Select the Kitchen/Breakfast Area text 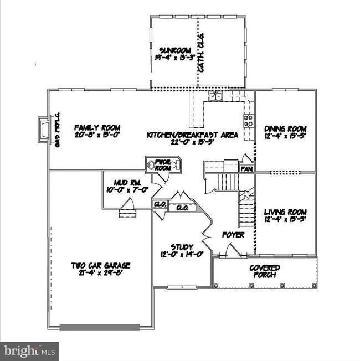point(192,135)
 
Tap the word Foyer point(233,235)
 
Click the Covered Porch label point(264,271)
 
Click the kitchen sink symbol point(215,97)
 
